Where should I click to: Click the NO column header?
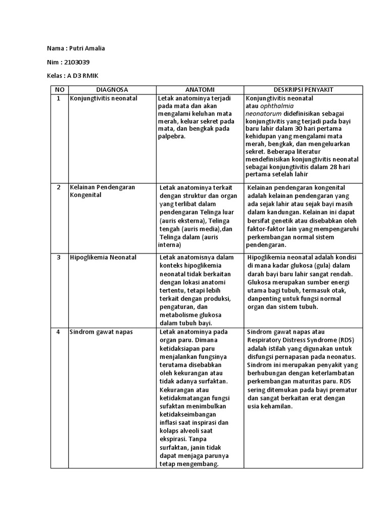click(x=59, y=89)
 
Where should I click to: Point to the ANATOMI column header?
click(x=200, y=89)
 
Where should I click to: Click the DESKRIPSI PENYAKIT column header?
click(x=303, y=89)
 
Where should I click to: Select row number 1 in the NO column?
click(x=59, y=98)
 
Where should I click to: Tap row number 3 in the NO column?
click(x=59, y=257)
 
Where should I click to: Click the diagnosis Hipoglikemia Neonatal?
click(x=103, y=257)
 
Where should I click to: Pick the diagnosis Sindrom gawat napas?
click(x=99, y=332)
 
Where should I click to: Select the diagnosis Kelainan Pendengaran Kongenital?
click(x=102, y=191)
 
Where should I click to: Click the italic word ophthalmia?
click(x=277, y=106)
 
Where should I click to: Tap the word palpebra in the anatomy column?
click(x=172, y=136)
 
